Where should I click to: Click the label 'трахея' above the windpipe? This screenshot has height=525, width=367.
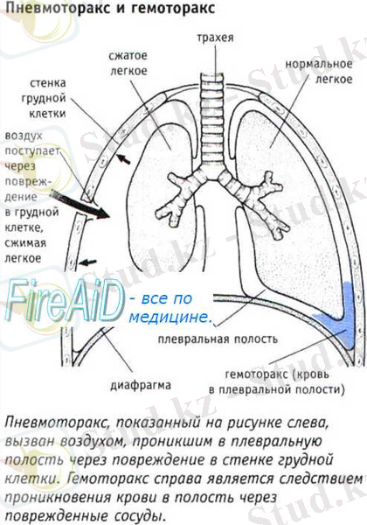(215, 37)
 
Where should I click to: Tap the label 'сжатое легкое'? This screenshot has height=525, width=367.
(128, 63)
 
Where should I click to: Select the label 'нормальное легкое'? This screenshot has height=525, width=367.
(319, 71)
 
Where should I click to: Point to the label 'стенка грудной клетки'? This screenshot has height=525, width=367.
(47, 98)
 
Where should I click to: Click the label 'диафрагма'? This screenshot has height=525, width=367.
(141, 385)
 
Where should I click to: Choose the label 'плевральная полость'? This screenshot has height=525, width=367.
(218, 339)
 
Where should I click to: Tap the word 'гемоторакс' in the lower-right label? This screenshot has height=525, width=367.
(256, 374)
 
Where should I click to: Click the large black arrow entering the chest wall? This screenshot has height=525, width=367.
(80, 204)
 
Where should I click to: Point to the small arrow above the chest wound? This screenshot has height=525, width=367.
(123, 159)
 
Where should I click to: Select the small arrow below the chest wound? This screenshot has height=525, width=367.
(88, 262)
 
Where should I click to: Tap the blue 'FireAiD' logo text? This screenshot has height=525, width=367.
(64, 299)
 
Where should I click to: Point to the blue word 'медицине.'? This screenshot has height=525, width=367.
(170, 318)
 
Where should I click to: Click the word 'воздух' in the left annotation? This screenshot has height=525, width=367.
(24, 136)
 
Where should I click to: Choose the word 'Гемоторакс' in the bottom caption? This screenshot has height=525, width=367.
(108, 479)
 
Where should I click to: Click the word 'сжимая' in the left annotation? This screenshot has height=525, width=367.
(25, 243)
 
